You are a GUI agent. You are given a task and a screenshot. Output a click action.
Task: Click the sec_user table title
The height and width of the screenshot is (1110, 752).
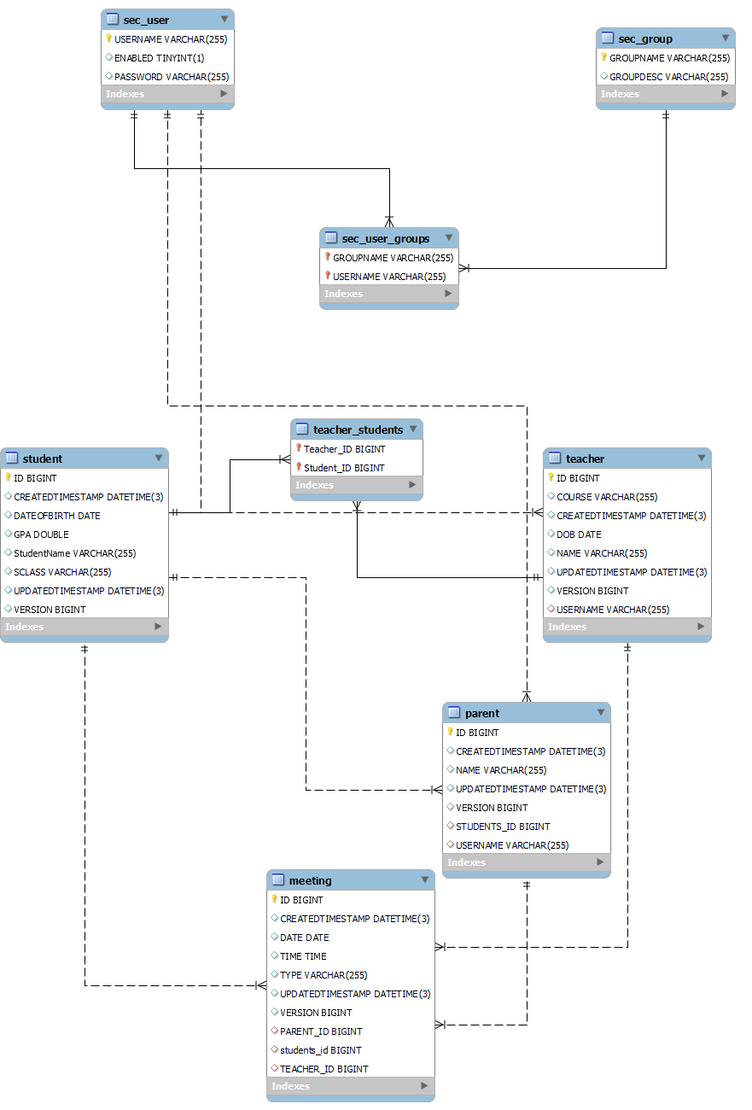click(146, 20)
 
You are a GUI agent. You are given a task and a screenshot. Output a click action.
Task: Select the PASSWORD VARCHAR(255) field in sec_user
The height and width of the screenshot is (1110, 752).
click(172, 77)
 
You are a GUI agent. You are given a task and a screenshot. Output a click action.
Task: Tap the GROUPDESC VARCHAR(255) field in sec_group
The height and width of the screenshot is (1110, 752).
click(668, 77)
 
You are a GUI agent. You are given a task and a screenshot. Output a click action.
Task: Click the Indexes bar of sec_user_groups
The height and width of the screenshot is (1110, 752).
click(388, 294)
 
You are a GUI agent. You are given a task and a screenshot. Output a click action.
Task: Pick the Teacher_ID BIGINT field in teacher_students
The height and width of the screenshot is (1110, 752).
click(344, 449)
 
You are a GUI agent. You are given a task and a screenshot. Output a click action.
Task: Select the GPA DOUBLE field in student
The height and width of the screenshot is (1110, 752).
click(41, 535)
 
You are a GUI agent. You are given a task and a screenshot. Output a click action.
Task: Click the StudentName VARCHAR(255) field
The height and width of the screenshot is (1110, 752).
click(74, 553)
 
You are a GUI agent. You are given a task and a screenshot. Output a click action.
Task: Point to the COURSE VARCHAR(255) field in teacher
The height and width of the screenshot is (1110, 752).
click(607, 497)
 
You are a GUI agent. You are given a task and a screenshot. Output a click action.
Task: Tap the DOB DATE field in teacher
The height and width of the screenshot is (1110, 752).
click(579, 535)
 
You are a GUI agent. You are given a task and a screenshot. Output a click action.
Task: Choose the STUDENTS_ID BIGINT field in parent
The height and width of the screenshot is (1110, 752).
click(503, 827)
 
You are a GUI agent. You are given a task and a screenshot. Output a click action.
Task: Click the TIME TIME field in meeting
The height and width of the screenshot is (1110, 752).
click(303, 956)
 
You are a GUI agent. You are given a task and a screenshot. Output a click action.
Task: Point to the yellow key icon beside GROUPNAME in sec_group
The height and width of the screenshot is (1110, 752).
click(603, 58)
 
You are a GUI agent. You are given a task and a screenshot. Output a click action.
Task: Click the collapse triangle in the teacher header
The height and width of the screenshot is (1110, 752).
click(702, 459)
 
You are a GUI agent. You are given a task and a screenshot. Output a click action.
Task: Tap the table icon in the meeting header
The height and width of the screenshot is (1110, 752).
click(277, 880)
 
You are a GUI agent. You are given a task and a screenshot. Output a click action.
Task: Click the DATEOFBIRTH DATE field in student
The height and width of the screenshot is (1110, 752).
click(57, 516)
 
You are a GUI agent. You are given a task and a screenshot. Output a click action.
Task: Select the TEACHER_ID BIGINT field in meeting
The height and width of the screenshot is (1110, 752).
click(324, 1069)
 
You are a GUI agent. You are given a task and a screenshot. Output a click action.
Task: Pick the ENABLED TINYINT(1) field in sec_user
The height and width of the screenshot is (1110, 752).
click(159, 58)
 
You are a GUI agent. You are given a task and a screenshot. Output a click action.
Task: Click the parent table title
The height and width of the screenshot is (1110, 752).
click(482, 713)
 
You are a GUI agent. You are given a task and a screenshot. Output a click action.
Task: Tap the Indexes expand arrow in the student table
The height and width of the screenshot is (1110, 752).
click(158, 627)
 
